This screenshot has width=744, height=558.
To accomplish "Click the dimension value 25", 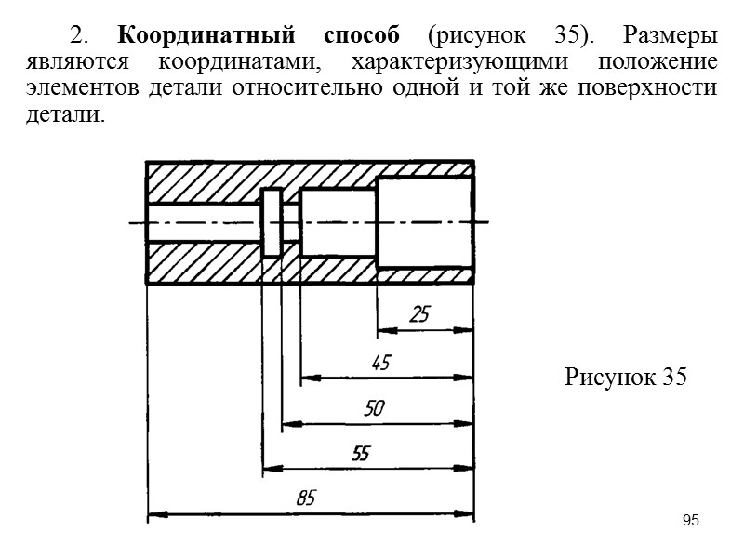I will (419, 314).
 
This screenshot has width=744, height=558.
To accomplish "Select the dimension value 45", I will (381, 364).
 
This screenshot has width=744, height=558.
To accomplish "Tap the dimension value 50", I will (375, 408).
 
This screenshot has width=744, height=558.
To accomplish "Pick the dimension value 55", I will (362, 453).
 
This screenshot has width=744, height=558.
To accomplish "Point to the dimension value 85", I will (306, 498).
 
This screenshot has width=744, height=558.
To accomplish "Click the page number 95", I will (690, 519).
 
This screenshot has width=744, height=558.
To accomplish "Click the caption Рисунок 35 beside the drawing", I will (625, 378).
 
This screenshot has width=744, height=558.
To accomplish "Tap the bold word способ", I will (363, 37).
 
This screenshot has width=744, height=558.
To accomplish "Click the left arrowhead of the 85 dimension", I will (154, 512).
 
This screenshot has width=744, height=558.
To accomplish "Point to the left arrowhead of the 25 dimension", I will (383, 329).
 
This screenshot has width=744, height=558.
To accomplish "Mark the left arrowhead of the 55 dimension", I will (270, 468).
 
